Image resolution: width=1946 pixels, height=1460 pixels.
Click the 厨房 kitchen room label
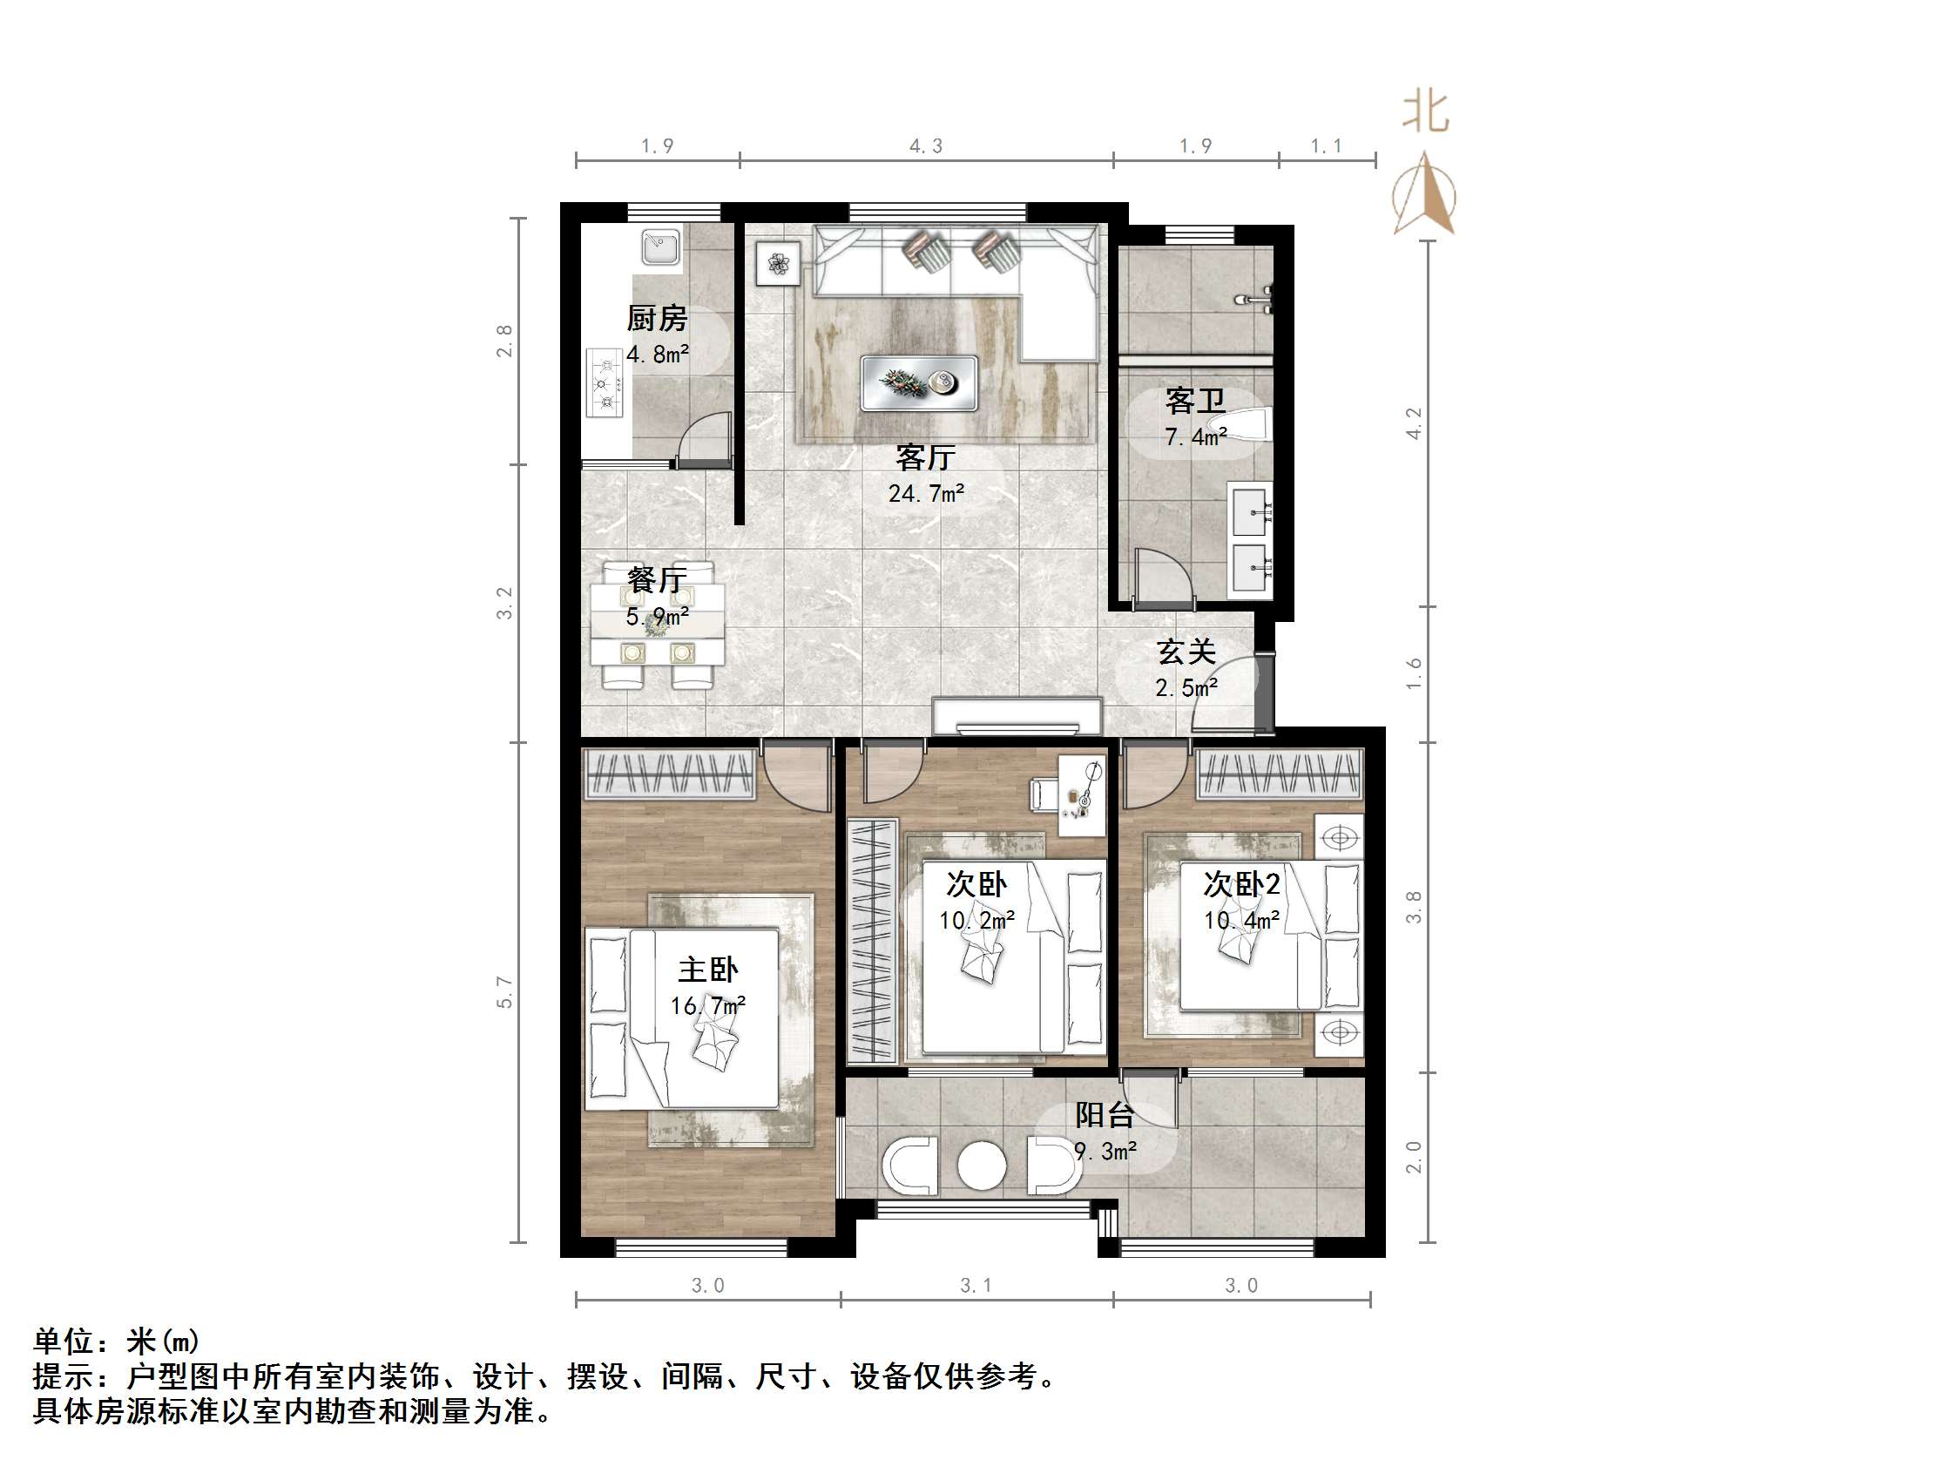pos(656,318)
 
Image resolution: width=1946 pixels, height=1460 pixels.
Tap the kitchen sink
pos(659,247)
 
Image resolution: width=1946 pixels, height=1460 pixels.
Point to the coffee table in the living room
pos(918,382)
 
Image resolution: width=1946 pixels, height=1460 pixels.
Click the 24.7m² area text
pos(925,494)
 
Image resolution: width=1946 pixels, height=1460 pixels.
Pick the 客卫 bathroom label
pos(1195,402)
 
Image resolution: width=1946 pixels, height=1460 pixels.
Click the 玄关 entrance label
pos(1186,652)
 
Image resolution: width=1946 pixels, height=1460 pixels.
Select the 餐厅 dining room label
pos(656,580)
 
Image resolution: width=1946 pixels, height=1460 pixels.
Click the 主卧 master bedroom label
pos(707,970)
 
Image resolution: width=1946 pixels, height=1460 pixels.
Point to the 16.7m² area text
pos(707,1005)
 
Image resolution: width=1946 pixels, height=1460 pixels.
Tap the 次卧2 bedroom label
pos(1241,884)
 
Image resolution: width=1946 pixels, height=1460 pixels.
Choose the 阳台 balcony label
pos(1104,1115)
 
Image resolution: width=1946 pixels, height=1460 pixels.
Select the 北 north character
pos(1425,112)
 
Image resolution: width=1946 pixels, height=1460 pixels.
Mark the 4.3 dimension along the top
pos(925,146)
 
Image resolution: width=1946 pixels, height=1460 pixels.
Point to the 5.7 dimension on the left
pos(504,992)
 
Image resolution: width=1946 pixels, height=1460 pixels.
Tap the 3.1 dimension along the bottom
pos(976,1286)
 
